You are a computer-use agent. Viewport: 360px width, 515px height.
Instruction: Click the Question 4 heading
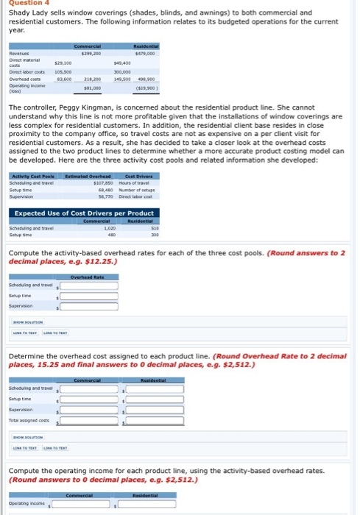23,4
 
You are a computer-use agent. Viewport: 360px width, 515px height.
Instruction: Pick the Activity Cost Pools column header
32,176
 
